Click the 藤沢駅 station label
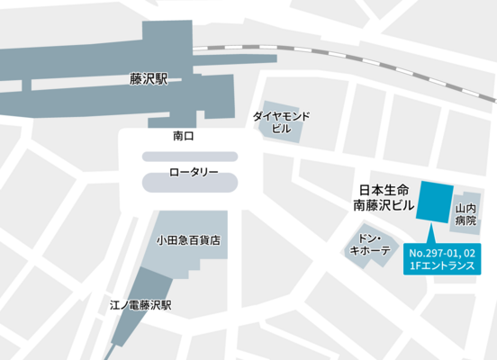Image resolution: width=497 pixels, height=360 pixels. [149, 79]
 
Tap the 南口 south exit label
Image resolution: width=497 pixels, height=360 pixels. [184, 136]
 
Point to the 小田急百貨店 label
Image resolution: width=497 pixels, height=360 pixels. [188, 240]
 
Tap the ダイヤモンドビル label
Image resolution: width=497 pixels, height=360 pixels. [282, 122]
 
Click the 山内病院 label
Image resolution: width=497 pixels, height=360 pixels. [465, 214]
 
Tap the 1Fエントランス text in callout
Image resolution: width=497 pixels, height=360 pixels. [442, 266]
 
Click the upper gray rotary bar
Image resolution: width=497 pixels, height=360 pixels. [190, 156]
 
